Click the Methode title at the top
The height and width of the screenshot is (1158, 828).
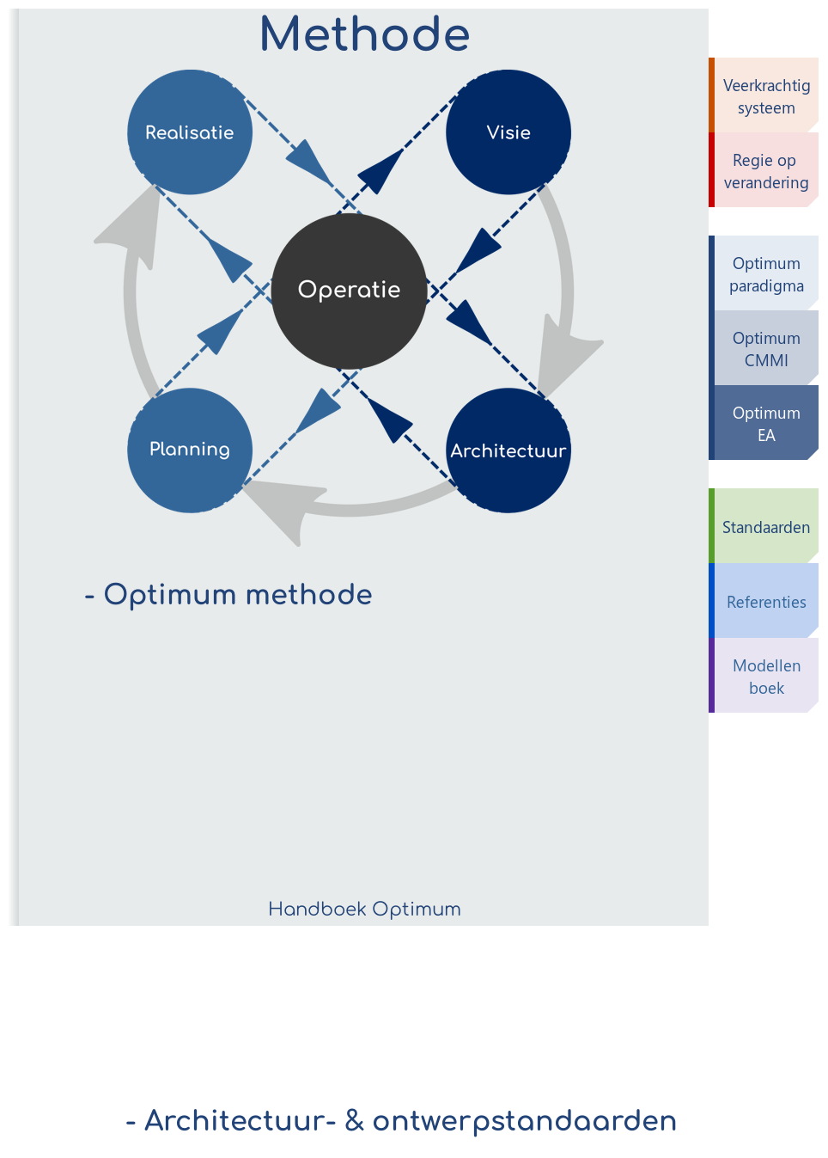[365, 35]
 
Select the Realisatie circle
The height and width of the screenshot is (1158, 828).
[190, 132]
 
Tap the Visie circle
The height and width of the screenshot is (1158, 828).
[508, 132]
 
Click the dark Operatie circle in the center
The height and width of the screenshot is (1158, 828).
[349, 290]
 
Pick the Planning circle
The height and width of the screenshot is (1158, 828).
[190, 450]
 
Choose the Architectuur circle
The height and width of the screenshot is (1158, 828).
[508, 450]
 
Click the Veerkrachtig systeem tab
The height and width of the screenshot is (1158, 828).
[765, 96]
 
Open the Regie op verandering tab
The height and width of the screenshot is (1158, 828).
[765, 171]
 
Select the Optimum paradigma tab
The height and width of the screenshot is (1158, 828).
[765, 274]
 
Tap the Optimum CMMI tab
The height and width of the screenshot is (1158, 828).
[765, 349]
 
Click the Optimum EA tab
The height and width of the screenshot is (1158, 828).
[765, 424]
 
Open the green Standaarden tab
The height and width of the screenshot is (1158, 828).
[765, 527]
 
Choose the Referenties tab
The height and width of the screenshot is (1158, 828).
[765, 602]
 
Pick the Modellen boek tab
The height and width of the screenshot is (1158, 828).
[765, 677]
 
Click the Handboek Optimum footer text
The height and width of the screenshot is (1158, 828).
[364, 909]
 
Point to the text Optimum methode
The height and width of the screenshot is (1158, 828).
[237, 594]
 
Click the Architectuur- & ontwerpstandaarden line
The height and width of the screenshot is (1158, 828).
[401, 1121]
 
